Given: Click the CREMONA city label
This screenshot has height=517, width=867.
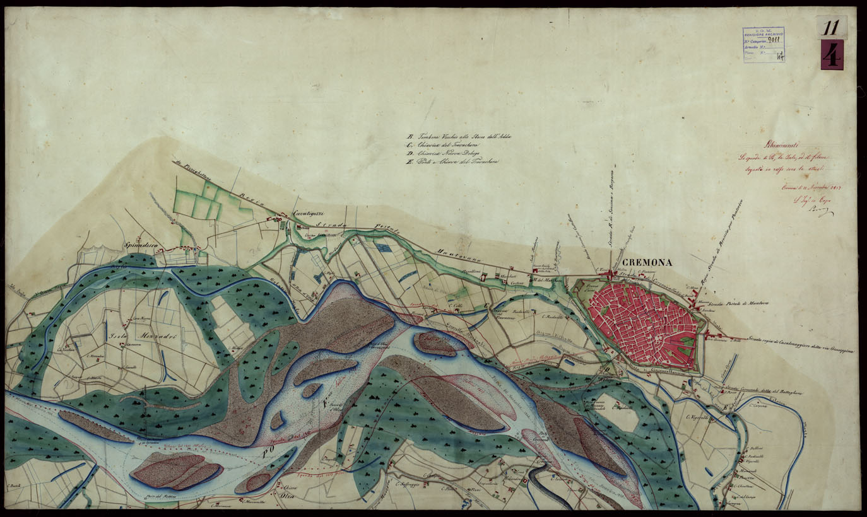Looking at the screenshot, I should [647, 263].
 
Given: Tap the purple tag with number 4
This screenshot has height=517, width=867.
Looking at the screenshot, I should [832, 55].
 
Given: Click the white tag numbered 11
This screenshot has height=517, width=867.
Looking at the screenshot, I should [830, 27].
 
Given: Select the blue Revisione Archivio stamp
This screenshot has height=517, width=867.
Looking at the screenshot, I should [764, 44].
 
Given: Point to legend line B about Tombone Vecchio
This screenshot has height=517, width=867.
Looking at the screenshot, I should [454, 136].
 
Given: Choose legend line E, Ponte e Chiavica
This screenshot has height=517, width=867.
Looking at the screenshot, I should [454, 162].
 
